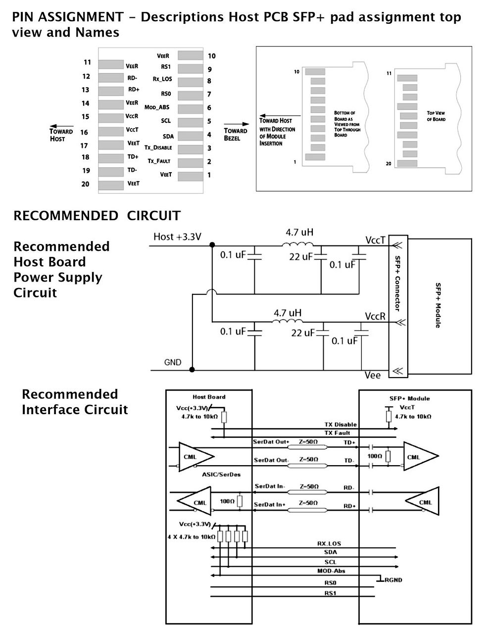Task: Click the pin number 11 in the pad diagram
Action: [x=87, y=62]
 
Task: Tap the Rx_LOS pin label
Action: [x=162, y=79]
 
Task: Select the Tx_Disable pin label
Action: [x=158, y=147]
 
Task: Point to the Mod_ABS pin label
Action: [x=157, y=107]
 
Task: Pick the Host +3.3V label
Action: [x=177, y=237]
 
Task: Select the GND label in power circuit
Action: [x=173, y=362]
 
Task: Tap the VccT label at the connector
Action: [x=375, y=240]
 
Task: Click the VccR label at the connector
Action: [x=375, y=316]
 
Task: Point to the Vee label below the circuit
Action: [x=373, y=375]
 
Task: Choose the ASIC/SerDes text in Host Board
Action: [x=221, y=475]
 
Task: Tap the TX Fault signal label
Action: [x=337, y=433]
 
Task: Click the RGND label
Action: [x=394, y=580]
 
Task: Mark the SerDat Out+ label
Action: [x=271, y=441]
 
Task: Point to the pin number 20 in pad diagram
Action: [x=85, y=184]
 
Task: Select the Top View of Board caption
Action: [x=436, y=116]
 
